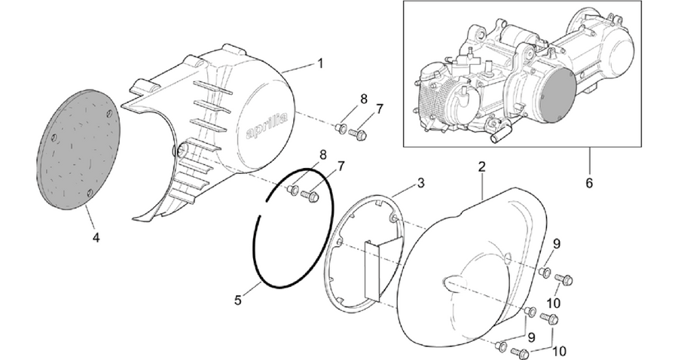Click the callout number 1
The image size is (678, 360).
320,64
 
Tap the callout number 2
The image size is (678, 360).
482,166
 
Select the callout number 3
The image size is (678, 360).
420,183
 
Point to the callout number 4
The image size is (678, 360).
96,237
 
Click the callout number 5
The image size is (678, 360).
238,300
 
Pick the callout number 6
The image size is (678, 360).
589,183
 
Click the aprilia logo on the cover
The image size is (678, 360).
267,127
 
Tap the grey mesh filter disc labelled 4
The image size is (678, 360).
78,150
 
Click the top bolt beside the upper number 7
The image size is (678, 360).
358,134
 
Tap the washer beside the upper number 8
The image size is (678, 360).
341,128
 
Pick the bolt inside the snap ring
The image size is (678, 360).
310,196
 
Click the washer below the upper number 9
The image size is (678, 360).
545,273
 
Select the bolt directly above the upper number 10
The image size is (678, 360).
563,279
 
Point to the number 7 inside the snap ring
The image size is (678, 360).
341,166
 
